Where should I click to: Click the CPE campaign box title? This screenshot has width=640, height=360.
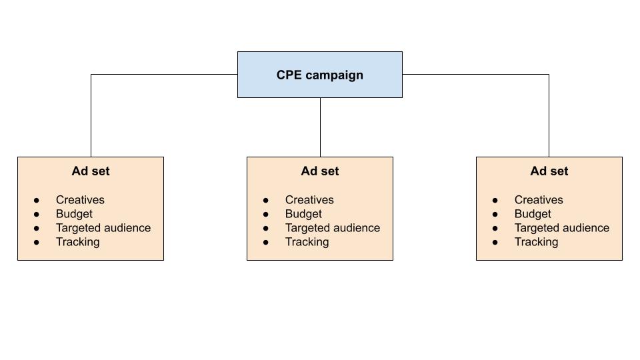pos(320,75)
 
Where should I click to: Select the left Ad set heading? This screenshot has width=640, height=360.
pos(91,171)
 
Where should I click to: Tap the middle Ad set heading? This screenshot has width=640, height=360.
pos(320,171)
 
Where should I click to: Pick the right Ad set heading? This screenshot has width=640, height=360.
pos(549,171)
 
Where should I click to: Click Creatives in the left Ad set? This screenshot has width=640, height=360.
pos(80,200)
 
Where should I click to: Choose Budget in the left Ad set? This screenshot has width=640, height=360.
pos(74,214)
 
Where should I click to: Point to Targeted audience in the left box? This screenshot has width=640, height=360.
pos(103,228)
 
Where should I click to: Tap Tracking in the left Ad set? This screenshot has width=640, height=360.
pos(77,242)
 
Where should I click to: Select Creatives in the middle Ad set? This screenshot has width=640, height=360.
pos(309,200)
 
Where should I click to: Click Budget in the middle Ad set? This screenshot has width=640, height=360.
pos(303,214)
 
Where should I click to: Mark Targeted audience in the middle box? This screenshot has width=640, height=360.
pos(333,228)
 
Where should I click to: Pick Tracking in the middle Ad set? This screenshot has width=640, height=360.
pos(307,242)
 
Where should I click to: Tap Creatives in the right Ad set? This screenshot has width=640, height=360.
pos(539,200)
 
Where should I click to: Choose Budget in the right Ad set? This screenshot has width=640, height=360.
pos(533,214)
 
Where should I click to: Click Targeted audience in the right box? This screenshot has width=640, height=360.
pos(562,228)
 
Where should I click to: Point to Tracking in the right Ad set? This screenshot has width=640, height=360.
pos(536,242)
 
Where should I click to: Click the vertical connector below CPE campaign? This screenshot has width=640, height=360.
pos(320,127)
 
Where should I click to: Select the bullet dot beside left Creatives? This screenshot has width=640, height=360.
pos(37,200)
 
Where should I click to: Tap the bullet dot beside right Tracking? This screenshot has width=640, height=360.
pos(495,242)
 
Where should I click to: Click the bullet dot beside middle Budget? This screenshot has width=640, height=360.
pos(266,214)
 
